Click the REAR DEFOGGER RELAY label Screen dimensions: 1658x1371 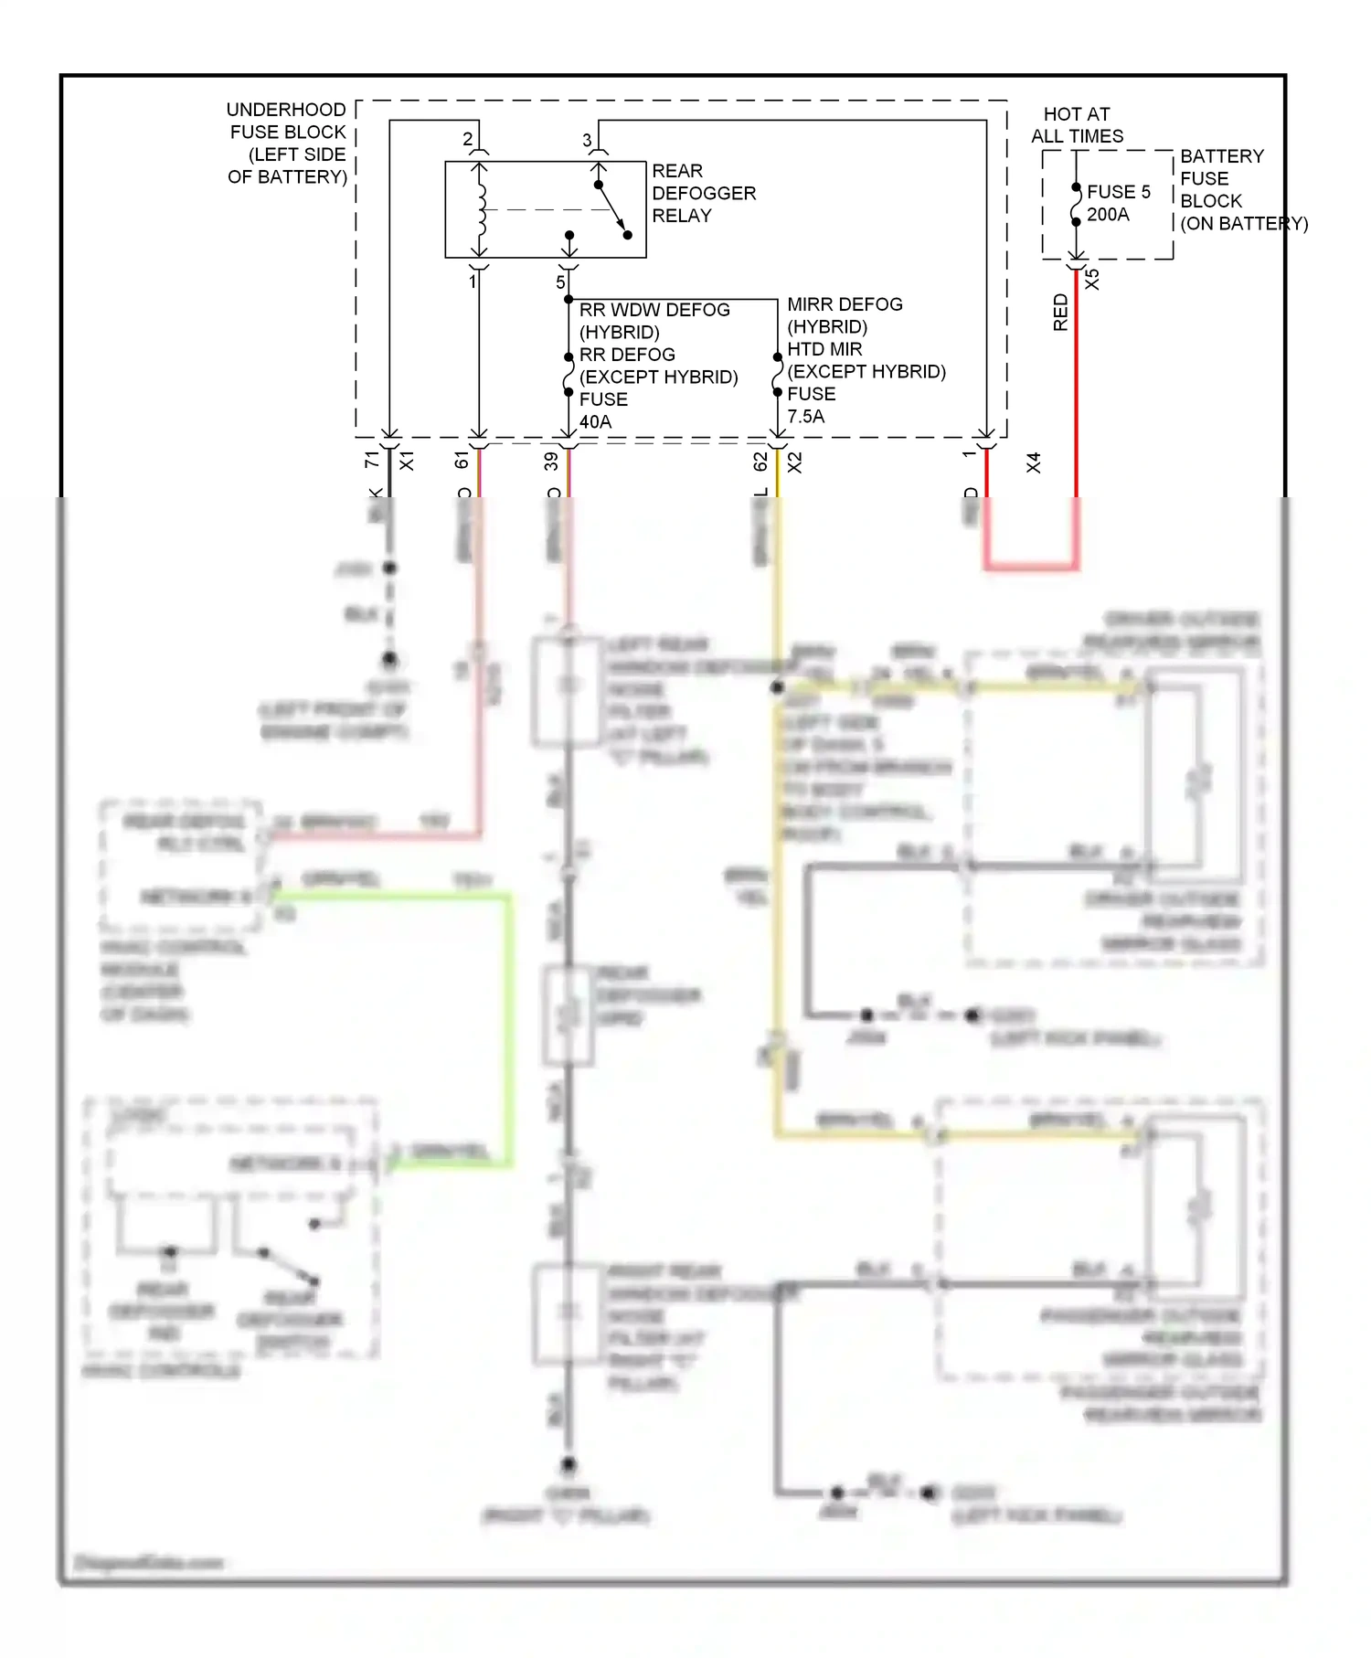(703, 193)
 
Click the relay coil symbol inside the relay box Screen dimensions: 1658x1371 (481, 209)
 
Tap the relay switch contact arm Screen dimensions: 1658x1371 (612, 209)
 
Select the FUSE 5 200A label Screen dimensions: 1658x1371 (1117, 203)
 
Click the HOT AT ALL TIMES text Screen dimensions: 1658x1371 (1077, 125)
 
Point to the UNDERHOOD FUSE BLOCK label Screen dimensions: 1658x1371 (287, 143)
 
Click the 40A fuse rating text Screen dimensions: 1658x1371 (595, 421)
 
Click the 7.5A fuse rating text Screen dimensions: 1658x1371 (805, 416)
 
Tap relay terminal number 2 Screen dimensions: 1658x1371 (468, 139)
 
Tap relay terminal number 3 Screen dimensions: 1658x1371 (587, 141)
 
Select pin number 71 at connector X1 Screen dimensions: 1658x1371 (372, 460)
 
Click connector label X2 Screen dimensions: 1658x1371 (795, 462)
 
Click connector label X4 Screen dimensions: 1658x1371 (1034, 462)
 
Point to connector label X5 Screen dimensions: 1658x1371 (1092, 280)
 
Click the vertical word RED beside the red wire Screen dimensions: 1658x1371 (1060, 312)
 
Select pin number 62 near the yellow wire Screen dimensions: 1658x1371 (760, 462)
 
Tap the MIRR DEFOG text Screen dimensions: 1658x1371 (845, 304)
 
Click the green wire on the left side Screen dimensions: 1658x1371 (508, 1024)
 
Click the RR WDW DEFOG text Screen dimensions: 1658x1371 (654, 310)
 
